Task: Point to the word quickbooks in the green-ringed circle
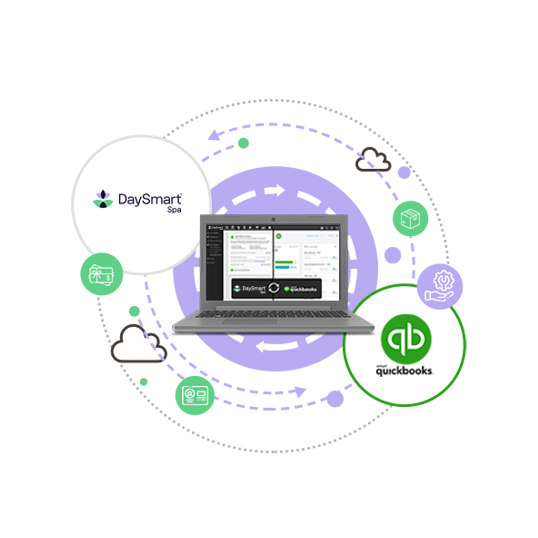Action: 404,371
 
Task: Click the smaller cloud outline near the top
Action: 373,160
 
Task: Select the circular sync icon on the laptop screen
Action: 274,288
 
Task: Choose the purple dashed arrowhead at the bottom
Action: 299,391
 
